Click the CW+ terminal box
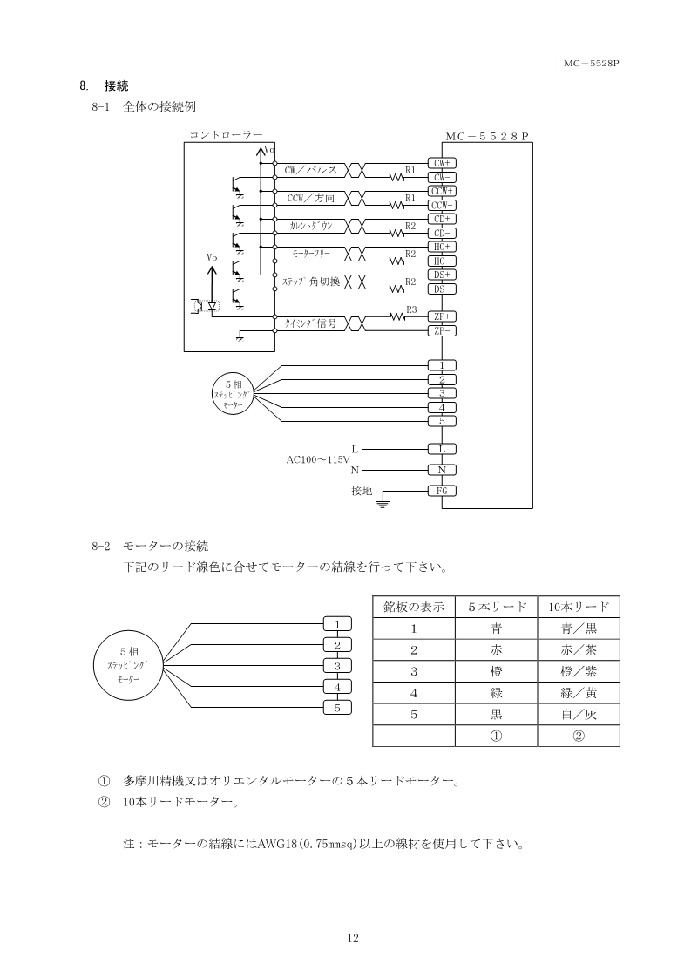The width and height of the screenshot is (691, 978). tap(442, 163)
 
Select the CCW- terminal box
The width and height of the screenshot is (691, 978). tap(442, 205)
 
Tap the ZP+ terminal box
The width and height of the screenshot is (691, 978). tap(442, 317)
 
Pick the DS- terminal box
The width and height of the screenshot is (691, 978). tap(442, 289)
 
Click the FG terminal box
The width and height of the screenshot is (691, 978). tap(442, 491)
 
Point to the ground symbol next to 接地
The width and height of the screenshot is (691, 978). tap(382, 501)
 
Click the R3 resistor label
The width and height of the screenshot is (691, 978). tap(411, 309)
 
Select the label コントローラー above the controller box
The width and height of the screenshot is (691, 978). tap(226, 135)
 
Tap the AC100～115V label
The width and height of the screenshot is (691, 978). tap(318, 459)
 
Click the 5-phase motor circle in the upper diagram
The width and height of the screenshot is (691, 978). tap(234, 394)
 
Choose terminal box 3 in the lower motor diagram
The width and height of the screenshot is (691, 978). tap(337, 666)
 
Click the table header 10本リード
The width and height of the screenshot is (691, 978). tap(579, 607)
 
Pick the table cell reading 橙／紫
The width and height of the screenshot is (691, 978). tap(579, 671)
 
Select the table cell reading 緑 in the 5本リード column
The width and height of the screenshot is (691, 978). tap(497, 693)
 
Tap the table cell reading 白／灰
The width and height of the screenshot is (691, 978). tap(579, 714)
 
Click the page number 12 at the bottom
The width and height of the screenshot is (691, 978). tap(353, 939)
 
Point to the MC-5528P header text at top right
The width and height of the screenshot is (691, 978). tap(591, 63)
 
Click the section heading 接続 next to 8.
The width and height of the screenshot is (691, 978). tap(116, 85)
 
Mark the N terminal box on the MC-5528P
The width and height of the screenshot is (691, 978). tap(442, 470)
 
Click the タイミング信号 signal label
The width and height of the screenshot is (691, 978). tap(310, 323)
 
